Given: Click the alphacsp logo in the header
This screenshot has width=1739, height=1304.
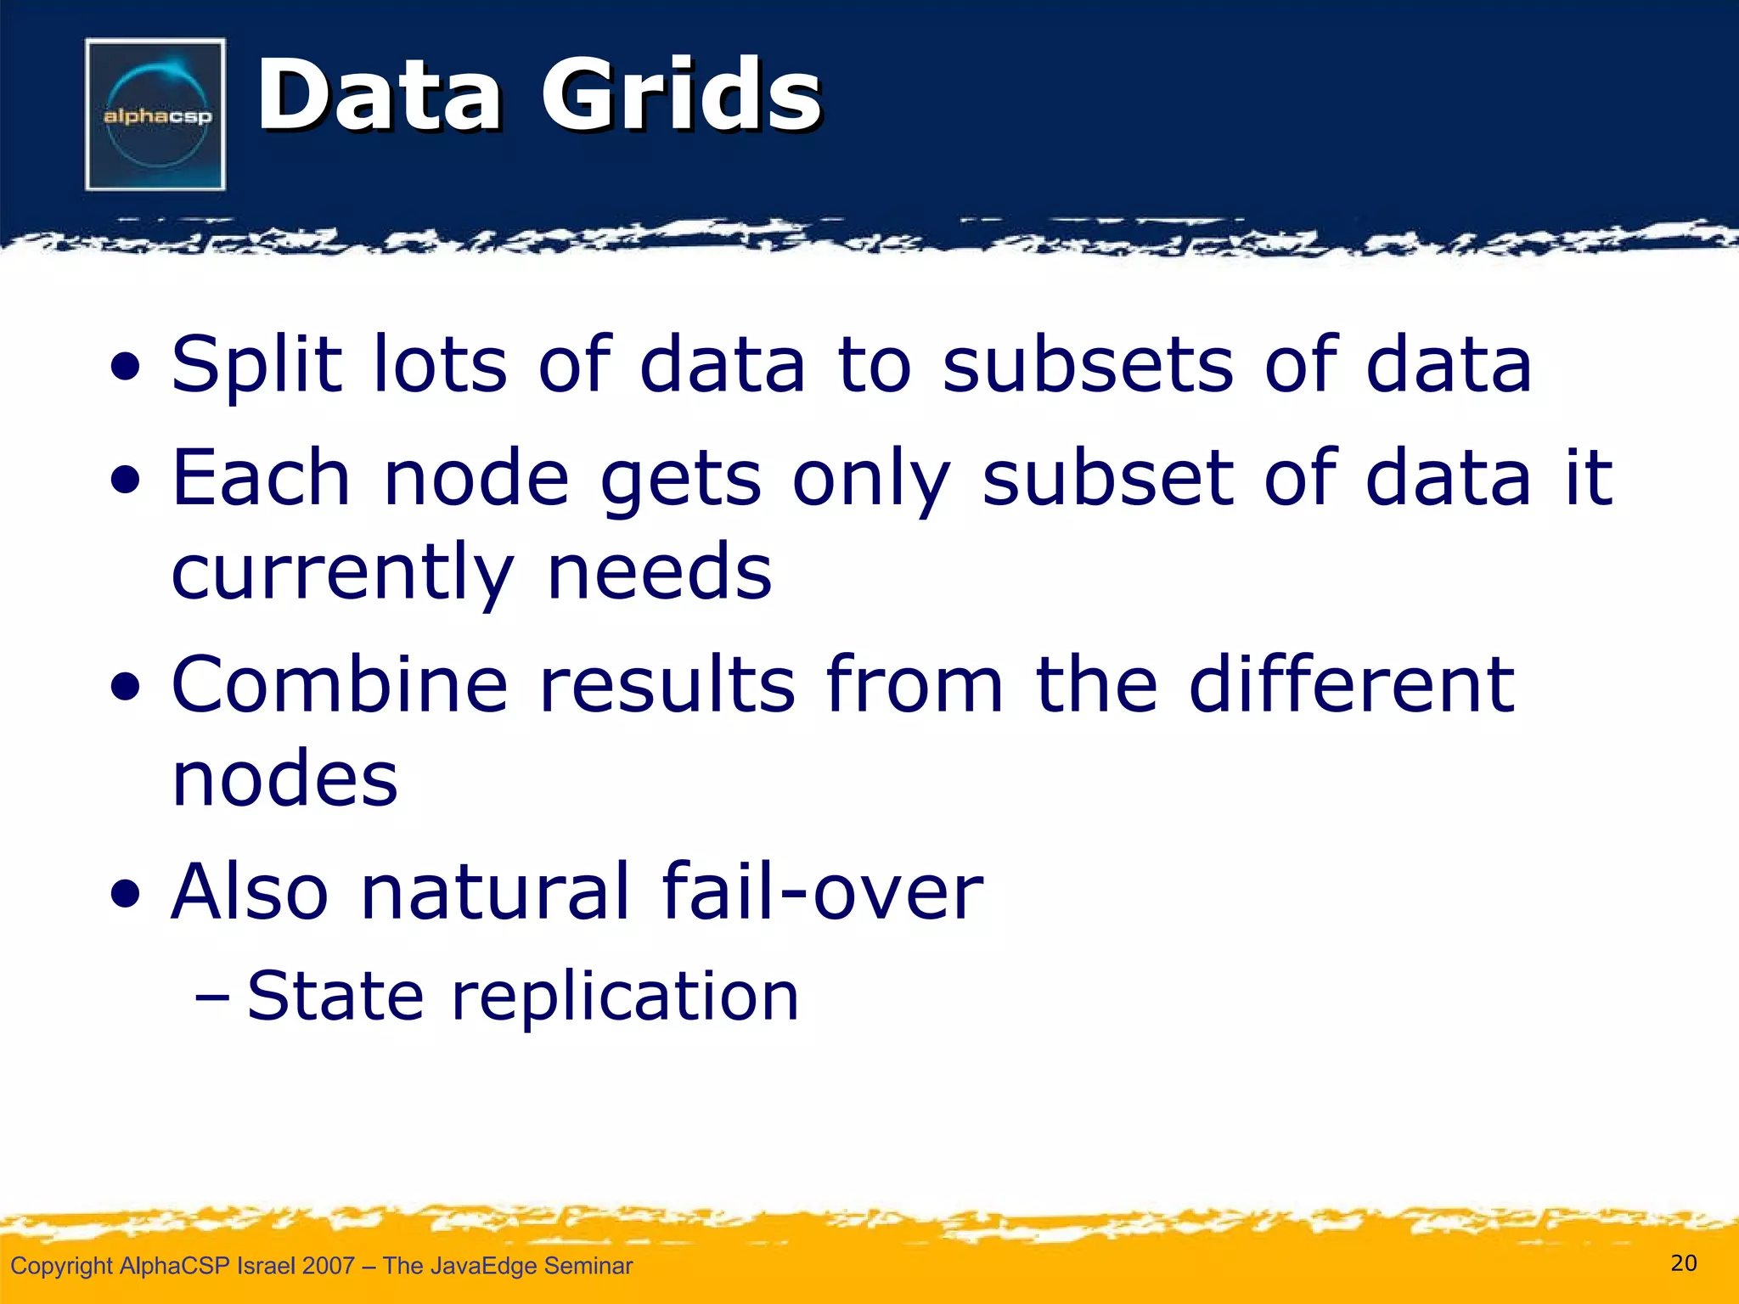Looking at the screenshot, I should click(155, 114).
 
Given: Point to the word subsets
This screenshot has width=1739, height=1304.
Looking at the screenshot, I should click(1088, 365).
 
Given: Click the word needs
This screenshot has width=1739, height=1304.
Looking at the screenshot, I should click(660, 572).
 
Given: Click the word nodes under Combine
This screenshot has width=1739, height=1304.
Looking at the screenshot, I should click(284, 778).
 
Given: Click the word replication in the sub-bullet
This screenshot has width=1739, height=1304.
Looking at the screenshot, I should click(625, 996).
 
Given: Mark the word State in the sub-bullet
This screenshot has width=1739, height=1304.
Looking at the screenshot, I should click(335, 996).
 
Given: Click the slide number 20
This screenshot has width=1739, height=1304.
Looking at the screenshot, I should click(1684, 1263).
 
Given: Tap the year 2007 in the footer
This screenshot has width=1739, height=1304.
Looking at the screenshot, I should click(328, 1266).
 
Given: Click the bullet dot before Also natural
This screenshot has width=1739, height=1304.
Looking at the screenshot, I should click(126, 895).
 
